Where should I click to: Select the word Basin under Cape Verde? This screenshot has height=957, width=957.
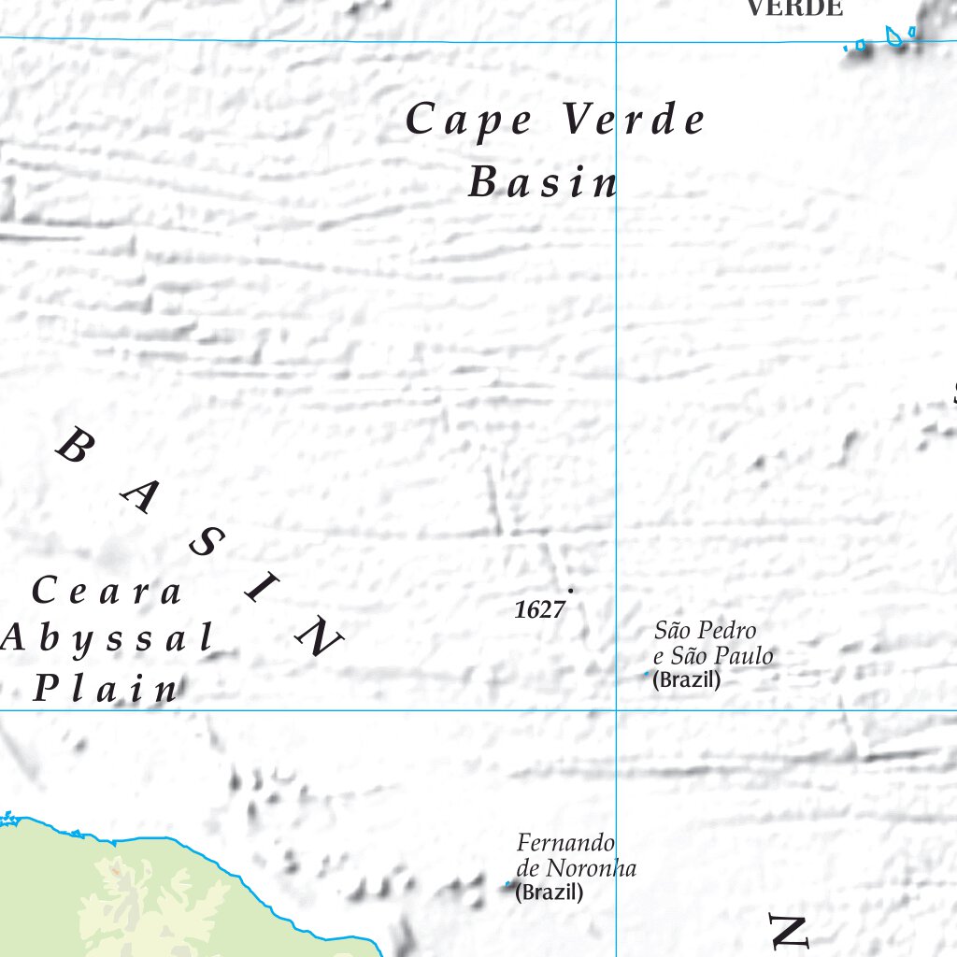point(542,182)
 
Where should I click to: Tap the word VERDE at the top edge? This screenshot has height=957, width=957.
point(794,8)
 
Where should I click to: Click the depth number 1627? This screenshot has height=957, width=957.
point(539,610)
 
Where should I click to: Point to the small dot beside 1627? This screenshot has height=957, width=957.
point(570,591)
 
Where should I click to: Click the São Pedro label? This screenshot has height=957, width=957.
point(705,631)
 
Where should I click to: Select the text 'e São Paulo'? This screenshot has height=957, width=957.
point(713,656)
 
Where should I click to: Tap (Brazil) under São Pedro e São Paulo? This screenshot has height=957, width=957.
point(687,680)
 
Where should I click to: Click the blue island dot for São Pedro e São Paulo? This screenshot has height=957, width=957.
point(646,673)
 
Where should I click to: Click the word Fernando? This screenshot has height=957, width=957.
point(565,842)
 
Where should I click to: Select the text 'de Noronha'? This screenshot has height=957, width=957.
point(576,868)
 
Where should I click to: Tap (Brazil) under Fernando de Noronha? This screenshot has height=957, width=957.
point(550,893)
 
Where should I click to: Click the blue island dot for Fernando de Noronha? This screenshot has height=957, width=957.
point(508,883)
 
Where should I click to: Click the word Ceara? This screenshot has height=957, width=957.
point(107,592)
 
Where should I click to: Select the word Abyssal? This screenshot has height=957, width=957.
point(107,639)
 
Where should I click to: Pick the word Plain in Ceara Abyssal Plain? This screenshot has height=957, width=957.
point(106,690)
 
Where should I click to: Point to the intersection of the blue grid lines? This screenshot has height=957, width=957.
point(616,710)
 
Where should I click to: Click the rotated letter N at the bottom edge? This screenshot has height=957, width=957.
point(787,932)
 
